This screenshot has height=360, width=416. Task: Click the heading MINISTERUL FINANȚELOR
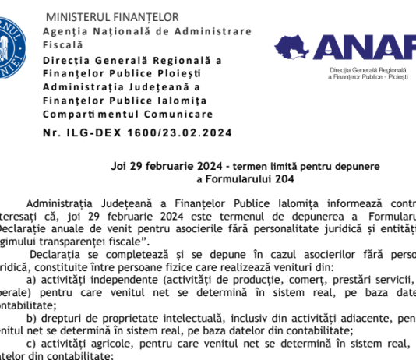112,17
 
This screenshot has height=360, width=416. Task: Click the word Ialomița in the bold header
181,100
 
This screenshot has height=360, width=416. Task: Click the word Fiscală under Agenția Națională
62,46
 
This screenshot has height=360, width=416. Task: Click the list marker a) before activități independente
32,280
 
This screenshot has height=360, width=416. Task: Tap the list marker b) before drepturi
32,318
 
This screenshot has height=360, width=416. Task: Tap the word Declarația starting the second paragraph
55,254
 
